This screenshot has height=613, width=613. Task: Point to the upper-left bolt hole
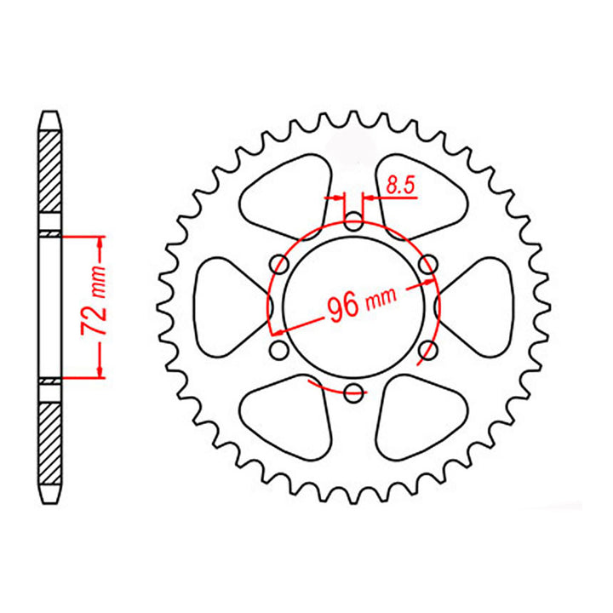point(278,265)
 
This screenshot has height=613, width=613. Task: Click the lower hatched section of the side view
point(50,443)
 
